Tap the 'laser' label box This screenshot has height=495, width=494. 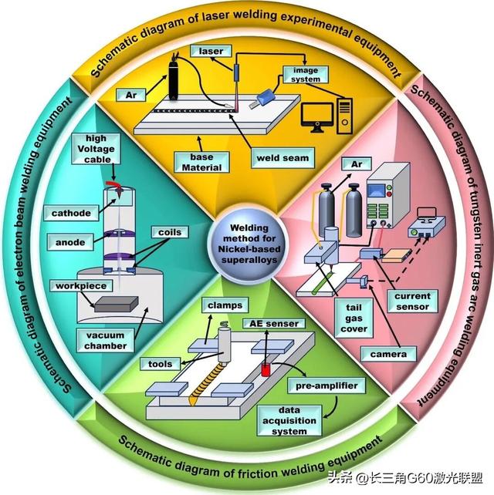click(211, 52)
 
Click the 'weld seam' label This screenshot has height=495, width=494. click(283, 158)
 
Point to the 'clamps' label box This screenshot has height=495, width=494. click(225, 305)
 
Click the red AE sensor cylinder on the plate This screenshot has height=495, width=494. click(265, 369)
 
